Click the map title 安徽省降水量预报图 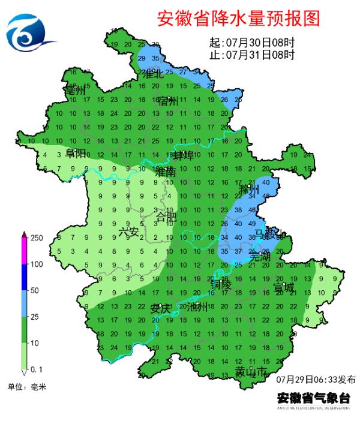pos(238,19)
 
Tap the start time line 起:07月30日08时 pos(251,44)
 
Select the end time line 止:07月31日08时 pos(251,55)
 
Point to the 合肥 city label pos(166,216)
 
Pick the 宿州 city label pos(168,102)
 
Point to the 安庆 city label pos(161,308)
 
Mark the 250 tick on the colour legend pos(37,238)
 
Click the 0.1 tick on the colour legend pos(37,368)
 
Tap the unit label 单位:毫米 pos(26,387)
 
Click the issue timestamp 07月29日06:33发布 pos(316,380)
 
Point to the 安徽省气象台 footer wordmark pos(313,398)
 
